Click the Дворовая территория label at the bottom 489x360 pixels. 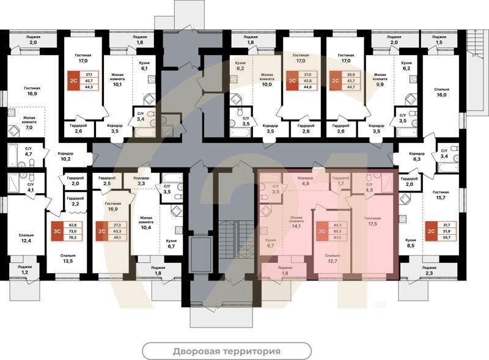click(226, 351)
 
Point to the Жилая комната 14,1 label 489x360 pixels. click(296, 221)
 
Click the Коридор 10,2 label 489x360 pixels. click(65, 157)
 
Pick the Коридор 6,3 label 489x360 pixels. click(417, 156)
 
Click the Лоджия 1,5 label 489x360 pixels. click(438, 40)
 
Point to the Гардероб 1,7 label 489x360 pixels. click(341, 180)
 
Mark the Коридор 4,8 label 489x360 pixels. click(305, 180)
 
